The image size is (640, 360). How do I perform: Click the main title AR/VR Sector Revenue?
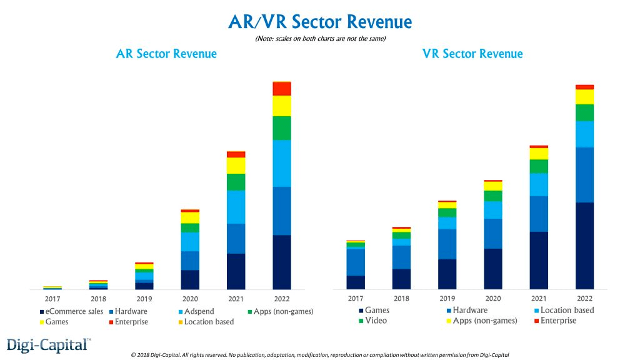tap(320, 22)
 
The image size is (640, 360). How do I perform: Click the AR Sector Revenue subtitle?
tap(166, 54)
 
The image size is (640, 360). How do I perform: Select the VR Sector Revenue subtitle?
tap(472, 54)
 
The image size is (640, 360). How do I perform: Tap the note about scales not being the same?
tap(320, 39)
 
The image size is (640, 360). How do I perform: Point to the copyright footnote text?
tap(320, 354)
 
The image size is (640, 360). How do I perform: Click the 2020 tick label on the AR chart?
tap(190, 299)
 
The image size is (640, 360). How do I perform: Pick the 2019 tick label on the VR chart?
tap(447, 299)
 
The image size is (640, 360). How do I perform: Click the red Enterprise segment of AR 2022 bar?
tap(282, 88)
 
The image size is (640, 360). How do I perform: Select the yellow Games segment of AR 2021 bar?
tap(236, 165)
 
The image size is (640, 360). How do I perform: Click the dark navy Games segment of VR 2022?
tap(584, 245)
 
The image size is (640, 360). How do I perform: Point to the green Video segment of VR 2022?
tap(584, 112)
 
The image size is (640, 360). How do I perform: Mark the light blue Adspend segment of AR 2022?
tap(282, 162)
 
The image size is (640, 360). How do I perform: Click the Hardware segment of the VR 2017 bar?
tap(356, 261)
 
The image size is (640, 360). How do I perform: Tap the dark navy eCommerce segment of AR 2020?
tap(190, 279)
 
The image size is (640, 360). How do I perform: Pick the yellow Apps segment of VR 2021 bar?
tap(539, 154)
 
